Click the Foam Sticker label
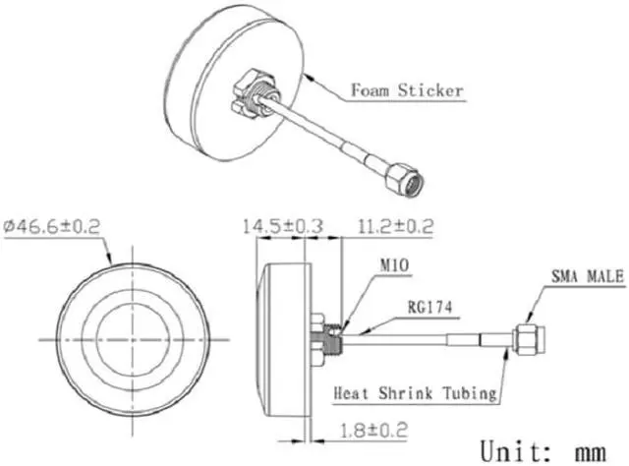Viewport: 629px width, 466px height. pos(407,92)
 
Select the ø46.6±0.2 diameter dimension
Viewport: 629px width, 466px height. pos(53,227)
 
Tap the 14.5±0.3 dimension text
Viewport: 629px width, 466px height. pos(283,227)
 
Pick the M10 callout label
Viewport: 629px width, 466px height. pos(392,265)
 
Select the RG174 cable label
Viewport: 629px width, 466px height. pos(428,307)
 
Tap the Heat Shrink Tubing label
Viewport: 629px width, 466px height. pos(414,393)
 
